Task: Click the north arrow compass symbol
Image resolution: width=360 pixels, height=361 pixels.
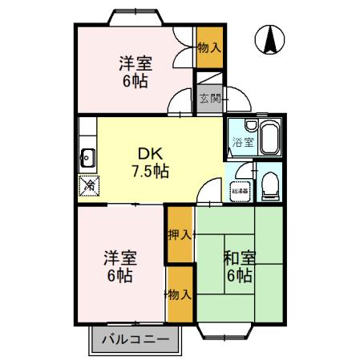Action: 271,39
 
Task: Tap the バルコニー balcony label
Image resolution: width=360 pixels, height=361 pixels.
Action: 136,339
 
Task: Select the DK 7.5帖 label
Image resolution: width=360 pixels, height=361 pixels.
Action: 150,161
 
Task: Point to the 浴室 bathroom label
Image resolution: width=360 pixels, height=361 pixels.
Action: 240,144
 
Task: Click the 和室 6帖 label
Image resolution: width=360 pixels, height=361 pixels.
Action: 238,267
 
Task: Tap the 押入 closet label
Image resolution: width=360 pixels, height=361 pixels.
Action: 180,235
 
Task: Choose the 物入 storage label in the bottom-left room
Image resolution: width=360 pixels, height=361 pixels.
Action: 180,294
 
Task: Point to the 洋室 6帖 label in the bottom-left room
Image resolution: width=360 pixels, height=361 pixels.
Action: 119,267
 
